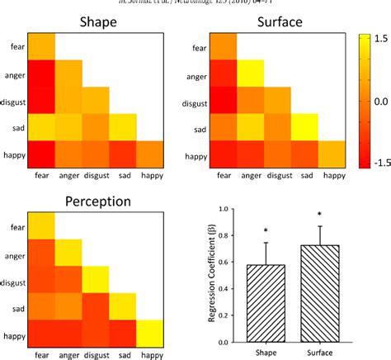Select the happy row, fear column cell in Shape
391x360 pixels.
42,154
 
